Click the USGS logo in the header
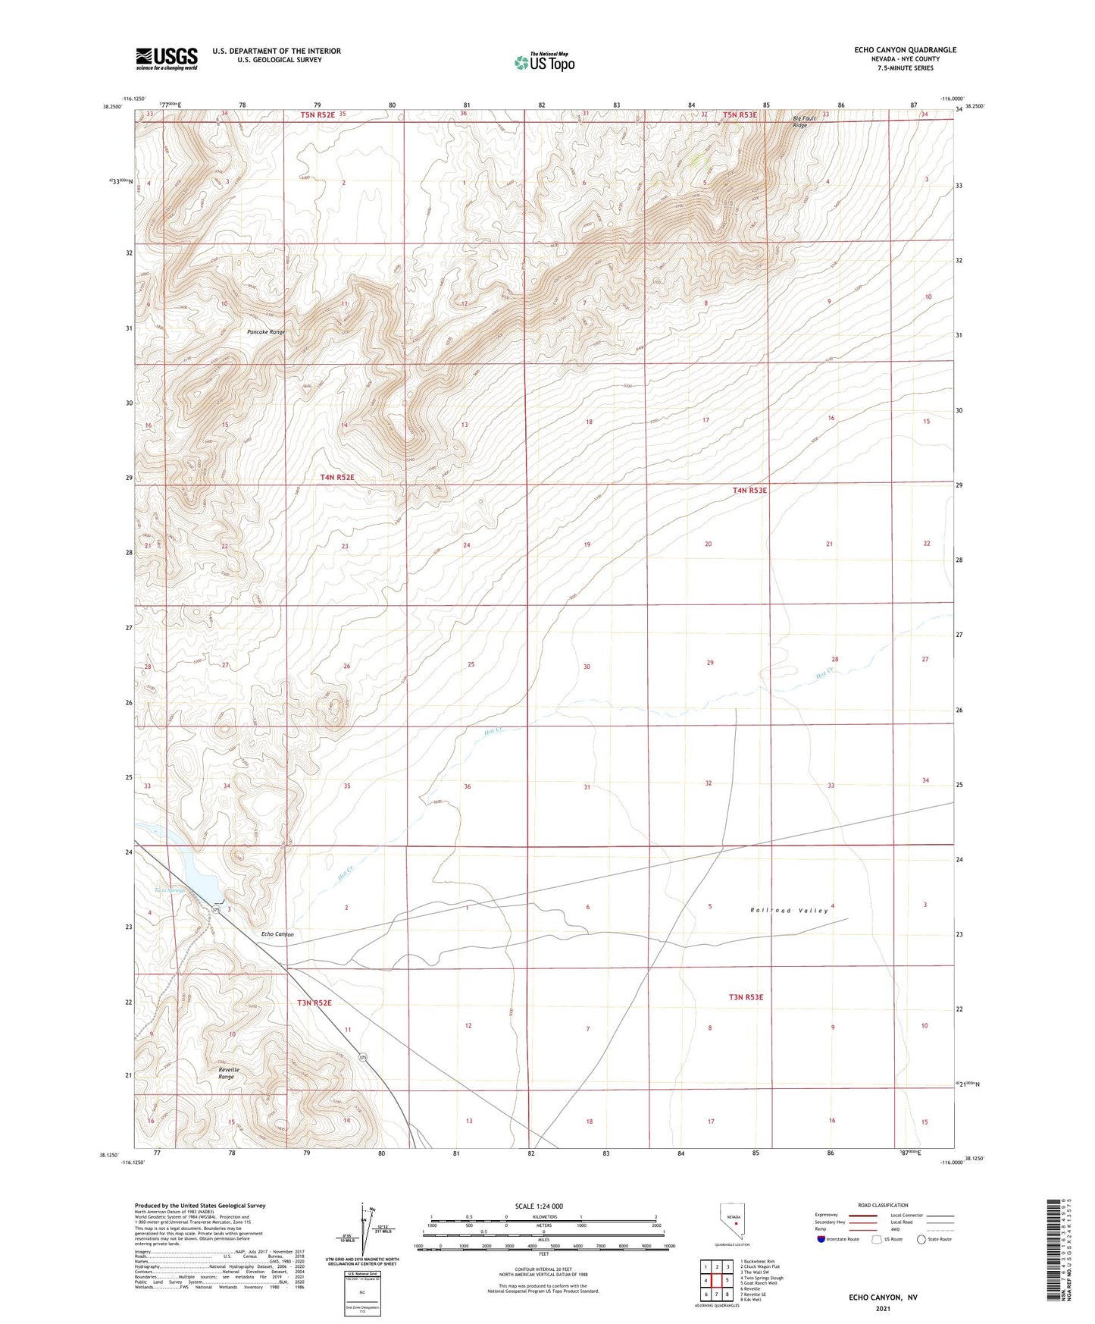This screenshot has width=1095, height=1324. pyautogui.click(x=166, y=58)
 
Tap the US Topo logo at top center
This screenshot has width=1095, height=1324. pyautogui.click(x=544, y=62)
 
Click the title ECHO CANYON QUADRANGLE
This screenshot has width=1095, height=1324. pyautogui.click(x=905, y=50)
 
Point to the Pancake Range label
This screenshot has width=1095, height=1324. pyautogui.click(x=266, y=332)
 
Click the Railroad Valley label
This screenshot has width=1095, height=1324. pyautogui.click(x=789, y=910)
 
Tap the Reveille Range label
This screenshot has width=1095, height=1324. pyautogui.click(x=228, y=1073)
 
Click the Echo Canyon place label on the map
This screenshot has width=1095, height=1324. pyautogui.click(x=277, y=934)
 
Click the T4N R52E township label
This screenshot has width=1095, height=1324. pyautogui.click(x=337, y=478)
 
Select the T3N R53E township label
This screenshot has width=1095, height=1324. pyautogui.click(x=746, y=997)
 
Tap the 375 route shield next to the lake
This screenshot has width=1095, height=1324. pyautogui.click(x=216, y=909)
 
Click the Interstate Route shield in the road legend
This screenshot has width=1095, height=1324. pyautogui.click(x=821, y=1239)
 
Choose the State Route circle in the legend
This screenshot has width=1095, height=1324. pyautogui.click(x=921, y=1239)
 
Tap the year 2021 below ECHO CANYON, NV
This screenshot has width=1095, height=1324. pyautogui.click(x=882, y=1309)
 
